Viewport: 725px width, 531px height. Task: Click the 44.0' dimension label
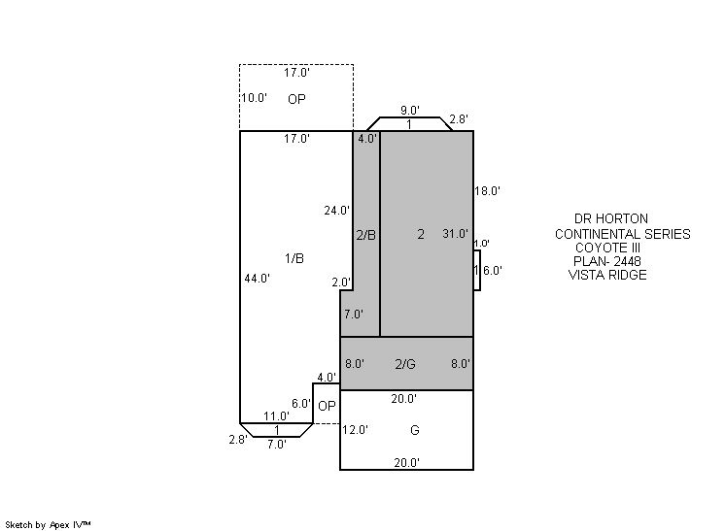[x=258, y=279]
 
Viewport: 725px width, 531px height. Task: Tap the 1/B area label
[x=294, y=258]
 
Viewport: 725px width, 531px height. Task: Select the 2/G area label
[x=405, y=364]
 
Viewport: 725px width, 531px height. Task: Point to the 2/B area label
[x=365, y=235]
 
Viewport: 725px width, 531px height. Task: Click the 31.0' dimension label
[x=455, y=234]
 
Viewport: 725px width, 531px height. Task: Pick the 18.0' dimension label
[x=487, y=190]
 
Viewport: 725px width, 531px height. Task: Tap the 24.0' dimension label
[x=336, y=211]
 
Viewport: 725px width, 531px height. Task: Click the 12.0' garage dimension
[x=355, y=430]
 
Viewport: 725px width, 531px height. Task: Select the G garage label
[x=415, y=430]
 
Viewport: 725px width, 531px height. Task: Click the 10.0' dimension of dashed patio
[x=255, y=98]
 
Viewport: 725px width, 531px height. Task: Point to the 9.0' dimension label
[x=410, y=111]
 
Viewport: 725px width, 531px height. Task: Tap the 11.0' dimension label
[x=277, y=416]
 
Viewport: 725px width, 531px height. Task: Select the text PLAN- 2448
[x=607, y=261]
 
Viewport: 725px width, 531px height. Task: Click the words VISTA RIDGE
[x=607, y=275]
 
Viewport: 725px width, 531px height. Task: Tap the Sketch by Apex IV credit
[x=48, y=525]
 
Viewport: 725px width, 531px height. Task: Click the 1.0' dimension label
[x=482, y=244]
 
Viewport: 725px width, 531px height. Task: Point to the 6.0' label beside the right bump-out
[x=493, y=271]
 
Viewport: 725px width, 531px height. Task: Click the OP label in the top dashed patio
[x=296, y=99]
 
